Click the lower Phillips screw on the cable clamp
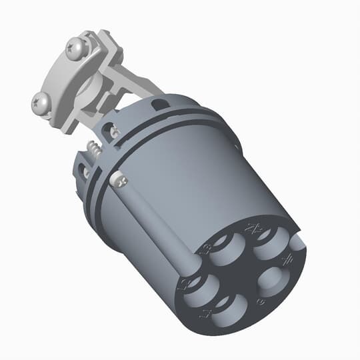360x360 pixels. coord(39,102)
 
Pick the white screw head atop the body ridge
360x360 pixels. coord(118,179)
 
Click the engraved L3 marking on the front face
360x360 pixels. coord(205,249)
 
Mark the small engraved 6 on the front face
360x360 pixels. coord(259,302)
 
